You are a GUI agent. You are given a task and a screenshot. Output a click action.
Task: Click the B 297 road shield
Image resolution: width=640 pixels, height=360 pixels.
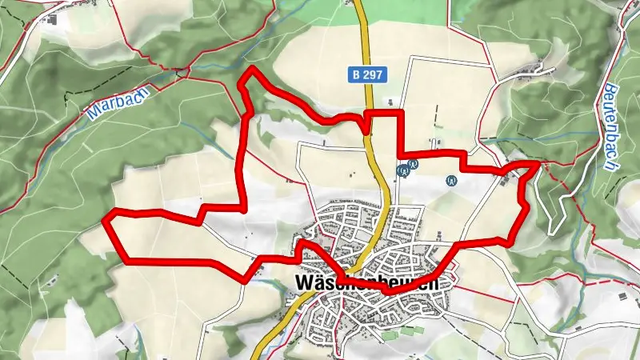(368, 74)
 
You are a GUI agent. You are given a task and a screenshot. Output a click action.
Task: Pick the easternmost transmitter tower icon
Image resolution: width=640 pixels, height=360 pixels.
(452, 181)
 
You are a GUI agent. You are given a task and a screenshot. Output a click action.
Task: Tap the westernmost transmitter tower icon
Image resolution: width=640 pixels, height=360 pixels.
(402, 170)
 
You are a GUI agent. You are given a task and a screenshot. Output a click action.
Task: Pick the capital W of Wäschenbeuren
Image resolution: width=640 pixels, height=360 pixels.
(305, 283)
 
